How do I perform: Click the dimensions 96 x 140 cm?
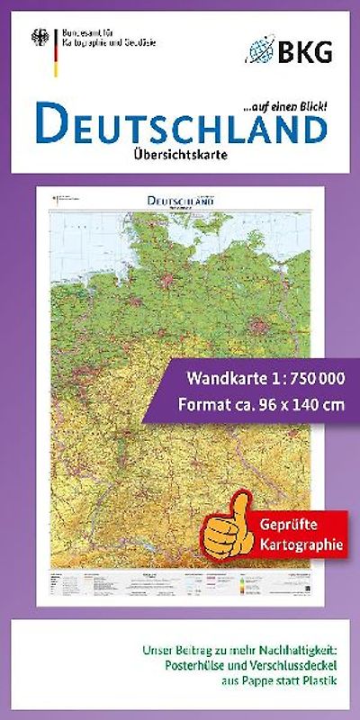click(x=292, y=404)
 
